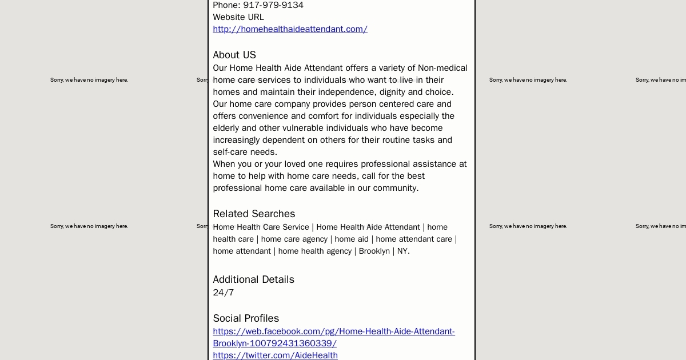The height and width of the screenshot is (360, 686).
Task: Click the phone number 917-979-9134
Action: point(273,5)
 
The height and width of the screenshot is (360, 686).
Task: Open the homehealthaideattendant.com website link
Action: point(290,29)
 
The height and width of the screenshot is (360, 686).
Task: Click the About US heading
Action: point(234,55)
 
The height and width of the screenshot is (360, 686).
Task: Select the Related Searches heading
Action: point(254,214)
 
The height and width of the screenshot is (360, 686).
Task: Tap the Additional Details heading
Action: point(253,279)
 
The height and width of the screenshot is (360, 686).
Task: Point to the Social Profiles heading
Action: point(246,318)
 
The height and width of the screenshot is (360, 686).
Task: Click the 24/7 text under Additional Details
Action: point(223,293)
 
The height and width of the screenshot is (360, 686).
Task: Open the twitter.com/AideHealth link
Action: point(275,355)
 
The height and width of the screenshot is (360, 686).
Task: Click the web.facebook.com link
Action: point(334,331)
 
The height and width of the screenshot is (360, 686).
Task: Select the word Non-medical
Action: point(442,68)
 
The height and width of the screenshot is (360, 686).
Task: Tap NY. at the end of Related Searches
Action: point(403,251)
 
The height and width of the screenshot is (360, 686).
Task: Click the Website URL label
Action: point(238,17)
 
